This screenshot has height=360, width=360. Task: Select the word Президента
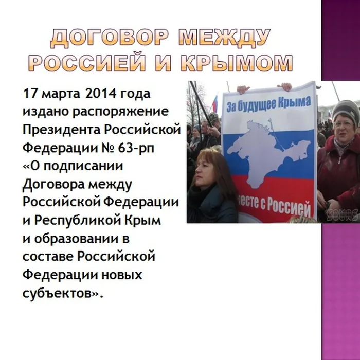pyautogui.click(x=54, y=130)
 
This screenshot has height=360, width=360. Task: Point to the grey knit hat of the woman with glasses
pyautogui.click(x=344, y=108)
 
